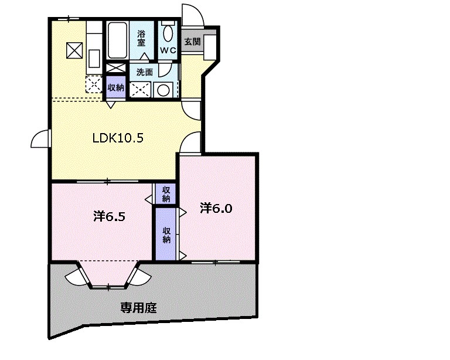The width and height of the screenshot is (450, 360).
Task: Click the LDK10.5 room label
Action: pyautogui.click(x=118, y=138)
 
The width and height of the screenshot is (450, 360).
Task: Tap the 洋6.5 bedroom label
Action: pyautogui.click(x=110, y=216)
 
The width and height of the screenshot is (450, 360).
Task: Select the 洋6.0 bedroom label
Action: pyautogui.click(x=216, y=208)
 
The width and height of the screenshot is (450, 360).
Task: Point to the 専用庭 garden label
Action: pyautogui.click(x=138, y=308)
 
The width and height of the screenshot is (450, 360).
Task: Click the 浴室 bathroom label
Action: pyautogui.click(x=141, y=38)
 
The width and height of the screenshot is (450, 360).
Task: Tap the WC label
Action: pyautogui.click(x=168, y=50)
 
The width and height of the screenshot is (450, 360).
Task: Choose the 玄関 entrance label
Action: pyautogui.click(x=192, y=42)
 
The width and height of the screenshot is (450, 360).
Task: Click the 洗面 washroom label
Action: pyautogui.click(x=144, y=72)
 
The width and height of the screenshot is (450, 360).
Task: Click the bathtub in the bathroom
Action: pyautogui.click(x=117, y=40)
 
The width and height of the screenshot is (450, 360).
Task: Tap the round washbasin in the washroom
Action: pyautogui.click(x=163, y=90)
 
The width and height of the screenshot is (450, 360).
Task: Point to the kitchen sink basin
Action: pyautogui.click(x=94, y=58)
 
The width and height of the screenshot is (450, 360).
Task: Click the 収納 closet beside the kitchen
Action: pyautogui.click(x=115, y=87)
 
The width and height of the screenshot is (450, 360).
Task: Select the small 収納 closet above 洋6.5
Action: pyautogui.click(x=166, y=194)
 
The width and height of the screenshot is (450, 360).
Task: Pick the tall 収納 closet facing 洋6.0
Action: pyautogui.click(x=166, y=234)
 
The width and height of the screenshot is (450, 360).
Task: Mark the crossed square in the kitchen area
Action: pyautogui.click(x=74, y=50)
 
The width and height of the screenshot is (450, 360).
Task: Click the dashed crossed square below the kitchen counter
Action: pyautogui.click(x=94, y=84)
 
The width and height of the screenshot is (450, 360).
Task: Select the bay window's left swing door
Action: pyautogui.click(x=75, y=277)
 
